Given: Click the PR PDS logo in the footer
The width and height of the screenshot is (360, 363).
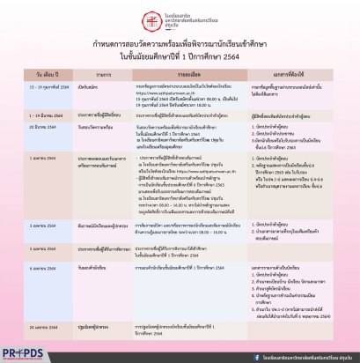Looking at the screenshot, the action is (26, 350).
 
